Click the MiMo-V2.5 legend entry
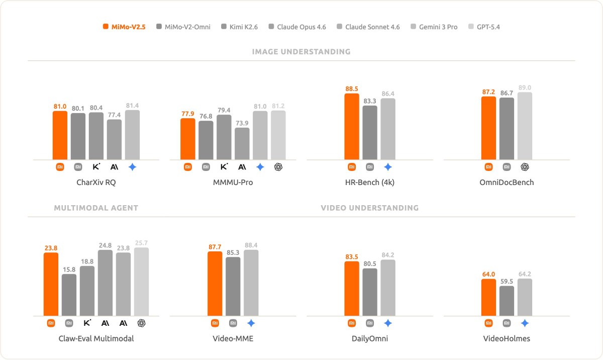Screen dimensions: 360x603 coord(124,27)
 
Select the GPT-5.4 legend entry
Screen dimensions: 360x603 coord(484,27)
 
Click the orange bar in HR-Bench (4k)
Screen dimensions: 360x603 coord(352,127)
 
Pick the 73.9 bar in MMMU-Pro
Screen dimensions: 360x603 coord(242,144)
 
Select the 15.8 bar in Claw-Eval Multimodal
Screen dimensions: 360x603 coord(69,295)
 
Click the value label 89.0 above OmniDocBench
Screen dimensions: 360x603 coord(525,87)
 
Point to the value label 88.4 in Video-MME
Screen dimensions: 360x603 coord(251,245)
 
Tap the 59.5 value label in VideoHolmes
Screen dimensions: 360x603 coord(507,281)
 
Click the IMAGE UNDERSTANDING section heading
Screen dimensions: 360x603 coord(301,52)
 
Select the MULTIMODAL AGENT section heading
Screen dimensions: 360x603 coord(96,208)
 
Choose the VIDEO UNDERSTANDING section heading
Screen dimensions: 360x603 coord(369,208)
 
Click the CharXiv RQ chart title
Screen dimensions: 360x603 coord(96,183)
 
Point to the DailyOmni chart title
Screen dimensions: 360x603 coord(370,338)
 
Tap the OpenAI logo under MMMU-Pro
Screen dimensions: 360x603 coord(278,167)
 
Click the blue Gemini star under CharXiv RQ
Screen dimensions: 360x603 coord(132,167)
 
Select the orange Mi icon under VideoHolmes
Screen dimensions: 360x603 coord(488,323)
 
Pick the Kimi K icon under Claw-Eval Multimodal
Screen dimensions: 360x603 coord(87,323)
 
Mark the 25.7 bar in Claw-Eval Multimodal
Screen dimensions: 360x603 coord(141,282)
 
